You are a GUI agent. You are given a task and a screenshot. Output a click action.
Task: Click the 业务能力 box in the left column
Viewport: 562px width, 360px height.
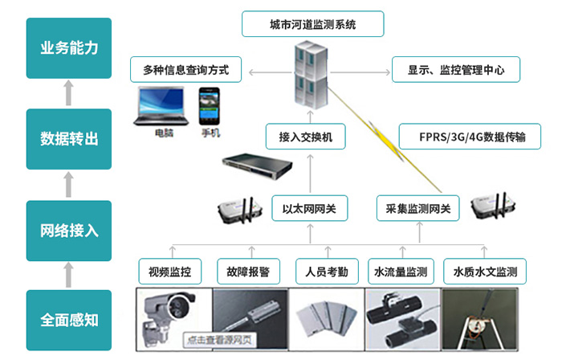click(x=69, y=47)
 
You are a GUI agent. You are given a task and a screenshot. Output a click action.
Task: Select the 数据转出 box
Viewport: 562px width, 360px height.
click(x=69, y=138)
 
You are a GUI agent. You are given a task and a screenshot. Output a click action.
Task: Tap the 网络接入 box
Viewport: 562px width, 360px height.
click(x=69, y=231)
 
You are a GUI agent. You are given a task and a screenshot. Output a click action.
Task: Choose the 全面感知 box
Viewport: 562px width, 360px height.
click(x=69, y=320)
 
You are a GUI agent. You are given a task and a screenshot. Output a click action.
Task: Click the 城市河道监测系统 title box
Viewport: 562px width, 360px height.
click(x=312, y=25)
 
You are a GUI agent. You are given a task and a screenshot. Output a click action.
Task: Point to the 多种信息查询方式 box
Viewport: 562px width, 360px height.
click(x=186, y=70)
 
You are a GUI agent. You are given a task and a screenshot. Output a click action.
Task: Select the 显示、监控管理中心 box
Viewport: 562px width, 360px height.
click(x=455, y=70)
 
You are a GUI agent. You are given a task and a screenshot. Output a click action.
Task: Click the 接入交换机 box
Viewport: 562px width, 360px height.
click(x=306, y=137)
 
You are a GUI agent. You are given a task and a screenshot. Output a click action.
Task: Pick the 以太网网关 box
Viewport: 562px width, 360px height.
click(x=309, y=209)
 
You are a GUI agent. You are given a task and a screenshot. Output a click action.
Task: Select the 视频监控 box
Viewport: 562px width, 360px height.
click(x=170, y=271)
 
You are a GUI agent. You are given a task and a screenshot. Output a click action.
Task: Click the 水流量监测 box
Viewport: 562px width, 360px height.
click(x=401, y=271)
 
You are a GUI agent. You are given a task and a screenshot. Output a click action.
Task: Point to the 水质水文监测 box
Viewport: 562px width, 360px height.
click(x=485, y=271)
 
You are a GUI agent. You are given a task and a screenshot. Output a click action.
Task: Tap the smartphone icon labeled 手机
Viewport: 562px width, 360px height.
click(x=209, y=107)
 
